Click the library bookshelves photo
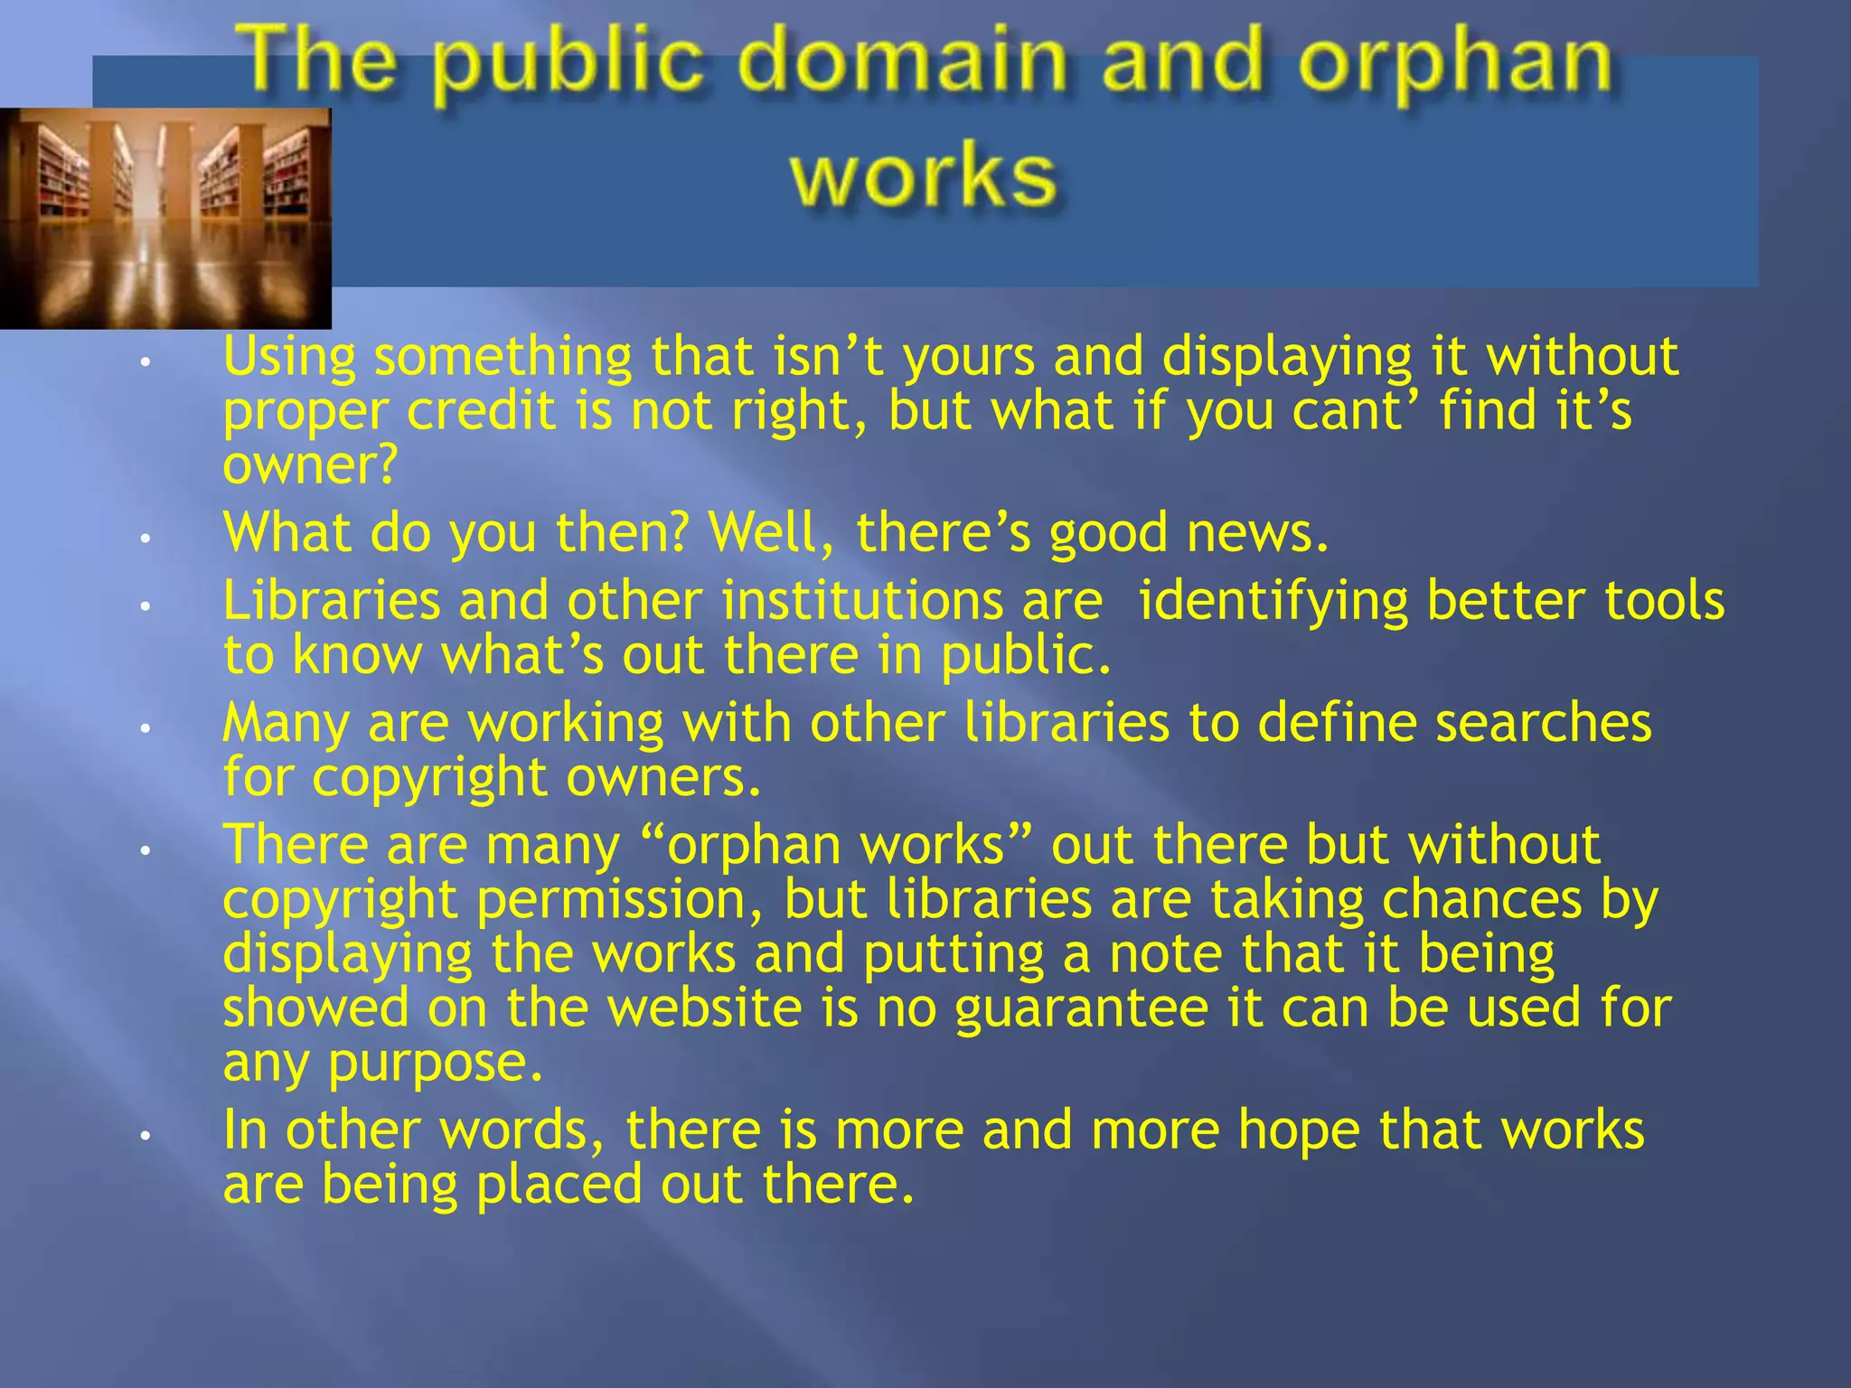coord(165,218)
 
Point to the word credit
coord(480,411)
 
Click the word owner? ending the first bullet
coord(309,465)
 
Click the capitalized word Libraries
coord(331,601)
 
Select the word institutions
coord(862,601)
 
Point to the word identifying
coord(1273,603)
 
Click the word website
coord(704,1008)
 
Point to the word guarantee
coord(1081,1009)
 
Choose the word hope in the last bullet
coord(1298,1131)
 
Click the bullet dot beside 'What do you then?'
coord(144,537)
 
